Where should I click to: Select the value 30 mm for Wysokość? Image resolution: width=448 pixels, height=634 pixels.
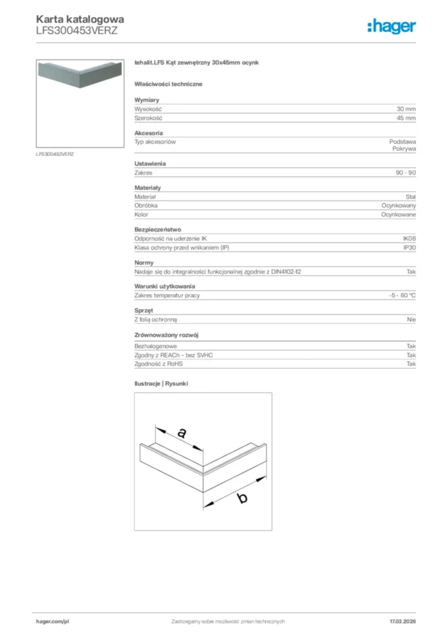point(406,109)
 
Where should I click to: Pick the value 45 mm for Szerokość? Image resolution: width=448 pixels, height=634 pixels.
point(406,118)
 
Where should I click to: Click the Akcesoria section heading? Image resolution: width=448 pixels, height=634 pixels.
point(149,133)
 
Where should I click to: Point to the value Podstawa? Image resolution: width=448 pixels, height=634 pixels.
point(403,142)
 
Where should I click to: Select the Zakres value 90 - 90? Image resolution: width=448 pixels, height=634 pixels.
point(406,173)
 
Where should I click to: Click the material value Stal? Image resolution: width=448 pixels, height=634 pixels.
point(410,196)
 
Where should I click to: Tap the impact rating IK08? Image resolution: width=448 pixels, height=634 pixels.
point(410,238)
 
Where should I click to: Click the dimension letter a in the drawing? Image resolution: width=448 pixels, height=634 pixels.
point(181,433)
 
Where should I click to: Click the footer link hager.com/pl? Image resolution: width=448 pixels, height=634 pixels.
point(53,621)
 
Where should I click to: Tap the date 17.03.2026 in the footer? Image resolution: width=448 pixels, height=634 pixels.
point(402,621)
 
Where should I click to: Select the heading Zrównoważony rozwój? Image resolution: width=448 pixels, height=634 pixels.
point(166,335)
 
